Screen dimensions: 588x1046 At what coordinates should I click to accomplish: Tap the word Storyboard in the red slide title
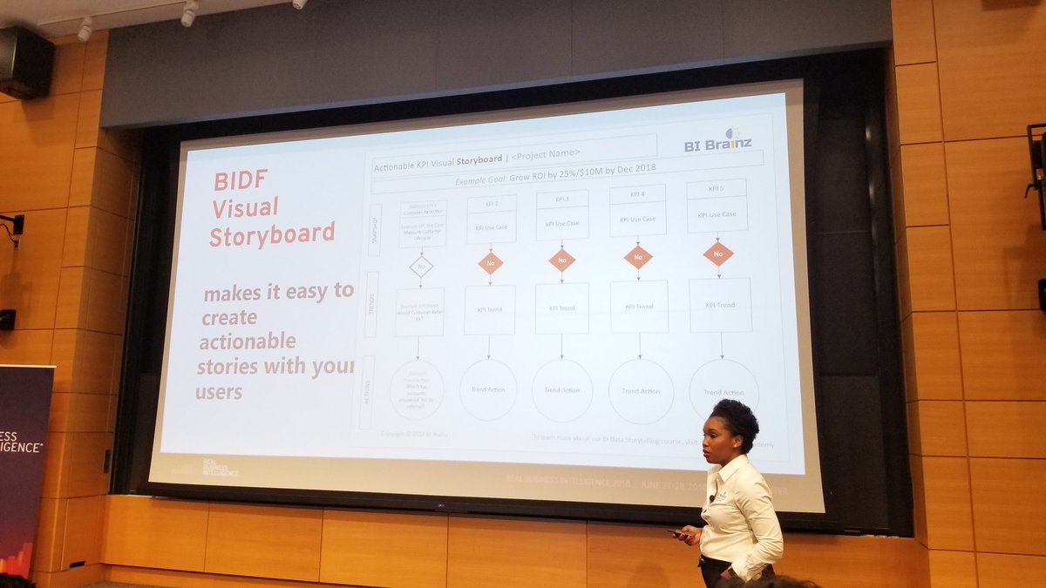(x=271, y=234)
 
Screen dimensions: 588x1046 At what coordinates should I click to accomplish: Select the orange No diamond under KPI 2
(x=490, y=263)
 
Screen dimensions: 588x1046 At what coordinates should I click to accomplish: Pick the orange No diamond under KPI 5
(x=718, y=254)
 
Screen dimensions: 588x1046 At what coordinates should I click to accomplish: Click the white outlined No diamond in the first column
(x=421, y=266)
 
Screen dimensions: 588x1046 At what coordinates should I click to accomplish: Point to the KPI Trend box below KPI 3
(x=561, y=308)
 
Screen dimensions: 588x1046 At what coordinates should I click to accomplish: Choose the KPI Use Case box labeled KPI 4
(x=638, y=211)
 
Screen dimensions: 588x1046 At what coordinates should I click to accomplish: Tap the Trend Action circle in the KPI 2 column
(x=488, y=389)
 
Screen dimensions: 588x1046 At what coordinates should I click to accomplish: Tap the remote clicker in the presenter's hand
(x=677, y=533)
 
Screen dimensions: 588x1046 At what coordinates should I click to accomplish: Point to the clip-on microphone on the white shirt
(x=714, y=497)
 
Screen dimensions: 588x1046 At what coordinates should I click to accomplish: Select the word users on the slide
(x=219, y=392)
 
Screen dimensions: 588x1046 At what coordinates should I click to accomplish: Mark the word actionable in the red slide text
(x=248, y=341)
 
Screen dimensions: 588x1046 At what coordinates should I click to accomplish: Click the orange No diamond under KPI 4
(x=638, y=256)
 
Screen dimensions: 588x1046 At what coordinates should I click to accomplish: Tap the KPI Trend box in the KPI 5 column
(x=721, y=305)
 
